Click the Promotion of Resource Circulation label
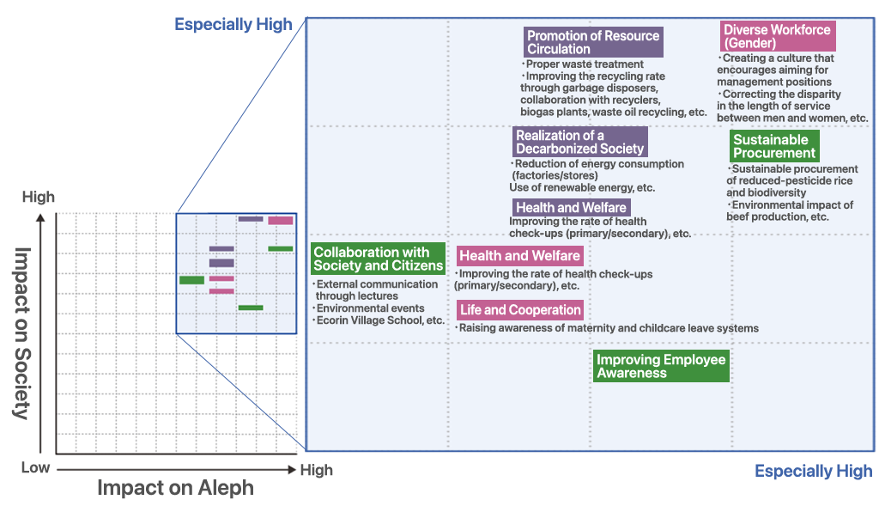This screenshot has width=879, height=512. (x=593, y=42)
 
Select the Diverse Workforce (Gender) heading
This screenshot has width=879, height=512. (x=777, y=36)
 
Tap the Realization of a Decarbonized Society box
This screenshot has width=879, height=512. (x=579, y=142)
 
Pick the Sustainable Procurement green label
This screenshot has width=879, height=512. (x=774, y=146)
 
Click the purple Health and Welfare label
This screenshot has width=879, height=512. (x=571, y=208)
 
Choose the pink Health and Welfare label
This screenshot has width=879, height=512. (x=519, y=256)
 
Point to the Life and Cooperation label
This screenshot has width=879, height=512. (x=520, y=310)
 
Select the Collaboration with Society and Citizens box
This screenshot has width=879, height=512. (x=379, y=259)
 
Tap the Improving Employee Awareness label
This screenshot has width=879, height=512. (x=661, y=366)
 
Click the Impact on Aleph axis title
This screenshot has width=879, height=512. (x=175, y=488)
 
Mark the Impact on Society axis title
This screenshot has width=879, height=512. (x=23, y=333)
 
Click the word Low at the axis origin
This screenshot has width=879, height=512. (x=35, y=468)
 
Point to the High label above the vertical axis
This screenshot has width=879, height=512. (x=38, y=198)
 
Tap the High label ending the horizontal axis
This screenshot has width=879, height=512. (x=315, y=470)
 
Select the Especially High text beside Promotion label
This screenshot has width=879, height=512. (x=233, y=24)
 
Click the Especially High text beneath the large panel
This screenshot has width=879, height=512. (x=813, y=471)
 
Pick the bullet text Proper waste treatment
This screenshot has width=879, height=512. (x=584, y=64)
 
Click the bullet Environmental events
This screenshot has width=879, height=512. (x=370, y=308)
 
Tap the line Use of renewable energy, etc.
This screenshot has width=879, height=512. (x=582, y=187)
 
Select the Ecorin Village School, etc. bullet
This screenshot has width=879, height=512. (x=380, y=320)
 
